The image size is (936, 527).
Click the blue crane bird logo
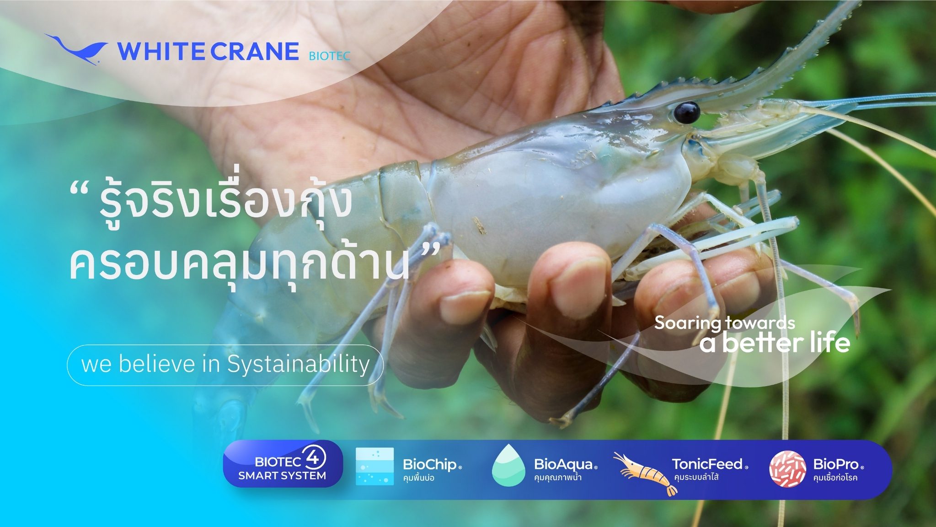click(76, 49)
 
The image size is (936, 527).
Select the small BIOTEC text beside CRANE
click(329, 56)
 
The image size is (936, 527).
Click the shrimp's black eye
click(686, 112)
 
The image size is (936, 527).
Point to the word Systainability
click(299, 365)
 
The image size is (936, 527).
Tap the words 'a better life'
click(775, 343)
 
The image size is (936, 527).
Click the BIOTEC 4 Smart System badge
click(283, 463)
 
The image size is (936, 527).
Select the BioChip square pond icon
click(374, 466)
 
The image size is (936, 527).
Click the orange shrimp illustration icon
click(645, 473)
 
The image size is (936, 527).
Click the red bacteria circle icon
click(787, 468)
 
